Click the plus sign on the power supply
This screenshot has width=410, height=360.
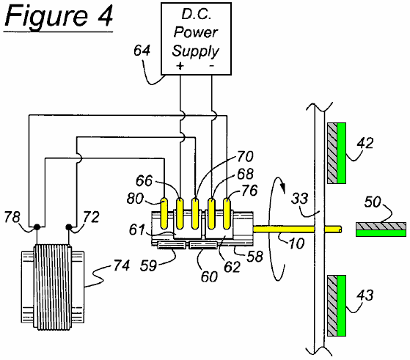pos(180,65)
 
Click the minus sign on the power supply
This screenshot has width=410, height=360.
pos(211,65)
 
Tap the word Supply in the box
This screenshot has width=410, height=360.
pos(195,51)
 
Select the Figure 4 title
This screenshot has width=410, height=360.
pos(59,16)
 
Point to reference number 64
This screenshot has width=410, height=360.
pos(142,50)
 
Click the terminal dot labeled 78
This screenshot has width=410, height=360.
pos(37,227)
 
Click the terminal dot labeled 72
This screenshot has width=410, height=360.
pos(69,227)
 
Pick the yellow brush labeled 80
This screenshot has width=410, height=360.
pos(164,213)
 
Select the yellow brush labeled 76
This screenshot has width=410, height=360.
pos(227,214)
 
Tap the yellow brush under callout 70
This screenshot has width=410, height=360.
pos(195,214)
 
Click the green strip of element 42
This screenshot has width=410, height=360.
pos(342,153)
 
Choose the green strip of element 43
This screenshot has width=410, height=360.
pos(342,305)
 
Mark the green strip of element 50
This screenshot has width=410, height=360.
pos(381,233)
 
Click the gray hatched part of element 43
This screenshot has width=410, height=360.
pos(332,305)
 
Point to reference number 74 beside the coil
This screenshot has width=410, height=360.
pos(122,266)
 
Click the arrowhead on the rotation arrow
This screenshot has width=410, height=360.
pos(283,187)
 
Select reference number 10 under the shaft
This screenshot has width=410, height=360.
pos(296,243)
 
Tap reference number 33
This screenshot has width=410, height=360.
pos(300,199)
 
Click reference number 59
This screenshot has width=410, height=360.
pos(148,266)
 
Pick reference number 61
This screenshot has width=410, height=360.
pos(137,230)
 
